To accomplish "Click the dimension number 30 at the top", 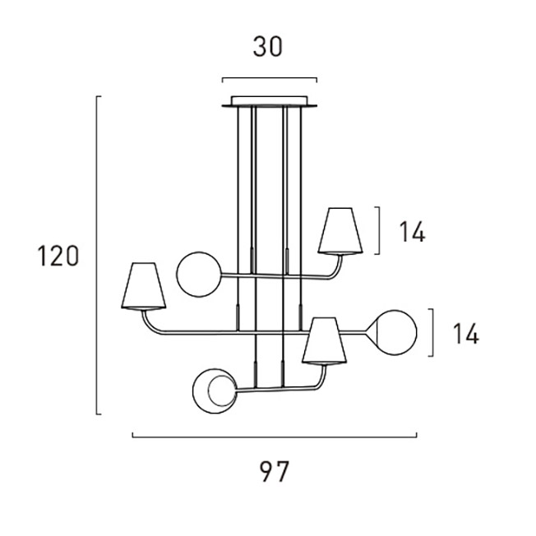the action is pyautogui.click(x=268, y=47).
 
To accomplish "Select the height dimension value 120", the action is pyautogui.click(x=58, y=256).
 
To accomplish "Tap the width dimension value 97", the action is pyautogui.click(x=274, y=471).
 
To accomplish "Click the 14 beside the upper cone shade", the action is pyautogui.click(x=412, y=232).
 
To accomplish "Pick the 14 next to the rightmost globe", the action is pyautogui.click(x=466, y=333).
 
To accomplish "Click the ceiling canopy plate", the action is pyautogui.click(x=270, y=101).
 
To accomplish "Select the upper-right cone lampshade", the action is pyautogui.click(x=340, y=231).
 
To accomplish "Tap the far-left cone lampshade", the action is pyautogui.click(x=144, y=286).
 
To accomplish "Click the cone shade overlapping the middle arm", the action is pyautogui.click(x=324, y=341).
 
